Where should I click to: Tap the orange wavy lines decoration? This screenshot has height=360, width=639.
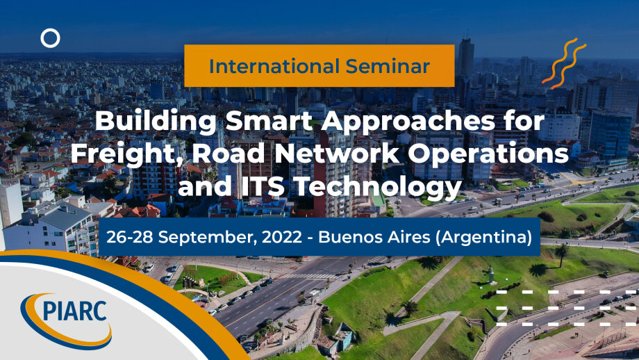click(564, 63)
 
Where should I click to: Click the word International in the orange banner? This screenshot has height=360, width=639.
click(274, 66)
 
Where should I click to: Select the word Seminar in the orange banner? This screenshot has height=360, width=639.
click(388, 66)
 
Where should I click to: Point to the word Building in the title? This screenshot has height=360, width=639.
click(156, 121)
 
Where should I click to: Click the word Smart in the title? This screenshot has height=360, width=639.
click(269, 121)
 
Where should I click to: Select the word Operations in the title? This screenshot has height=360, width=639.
click(488, 154)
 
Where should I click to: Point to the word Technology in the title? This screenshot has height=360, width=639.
click(377, 188)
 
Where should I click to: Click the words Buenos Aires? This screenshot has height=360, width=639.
click(374, 236)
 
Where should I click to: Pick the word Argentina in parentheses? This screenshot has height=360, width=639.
click(483, 237)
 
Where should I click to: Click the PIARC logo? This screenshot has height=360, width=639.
click(66, 321)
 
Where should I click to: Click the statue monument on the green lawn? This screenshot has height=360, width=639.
click(492, 275)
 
